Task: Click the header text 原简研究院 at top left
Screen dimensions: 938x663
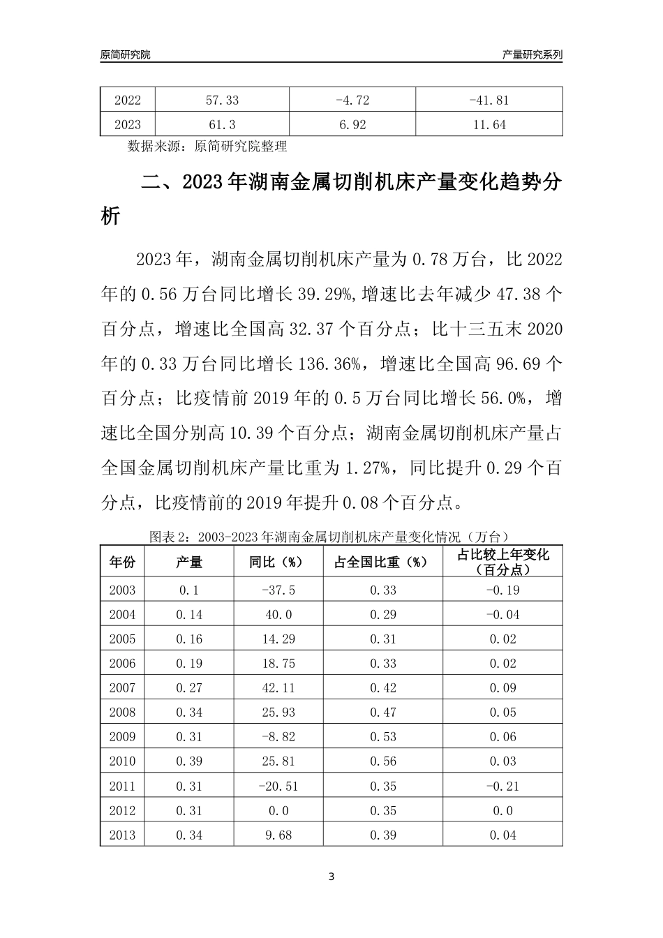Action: pos(126,54)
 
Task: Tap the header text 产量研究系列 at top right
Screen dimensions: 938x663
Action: pos(532,54)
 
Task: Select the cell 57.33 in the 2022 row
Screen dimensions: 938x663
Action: pos(222,100)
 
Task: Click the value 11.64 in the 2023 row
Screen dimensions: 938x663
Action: pos(489,125)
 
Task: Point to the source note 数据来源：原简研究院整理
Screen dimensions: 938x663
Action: pos(207,147)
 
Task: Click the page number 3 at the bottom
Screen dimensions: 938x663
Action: pos(331,877)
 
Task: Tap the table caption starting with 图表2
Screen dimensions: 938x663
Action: pos(331,537)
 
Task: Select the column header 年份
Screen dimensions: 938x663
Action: pos(122,562)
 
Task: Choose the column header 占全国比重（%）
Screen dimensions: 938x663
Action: pos(383,562)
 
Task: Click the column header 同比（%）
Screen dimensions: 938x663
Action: pos(278,562)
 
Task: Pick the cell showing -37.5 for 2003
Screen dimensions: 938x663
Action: pos(278,590)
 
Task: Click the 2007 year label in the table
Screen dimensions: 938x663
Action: pos(122,688)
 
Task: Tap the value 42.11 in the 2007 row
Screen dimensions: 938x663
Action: pos(278,688)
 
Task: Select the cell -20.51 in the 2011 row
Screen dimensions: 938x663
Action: pos(278,786)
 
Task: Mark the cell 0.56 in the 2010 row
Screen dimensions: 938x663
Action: pos(383,761)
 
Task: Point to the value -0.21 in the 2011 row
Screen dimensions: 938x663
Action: pos(502,786)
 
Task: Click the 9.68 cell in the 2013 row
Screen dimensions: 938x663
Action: pos(278,835)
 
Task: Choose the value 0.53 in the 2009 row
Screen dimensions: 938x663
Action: pos(383,737)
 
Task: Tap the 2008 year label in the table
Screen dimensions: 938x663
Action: pos(122,713)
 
